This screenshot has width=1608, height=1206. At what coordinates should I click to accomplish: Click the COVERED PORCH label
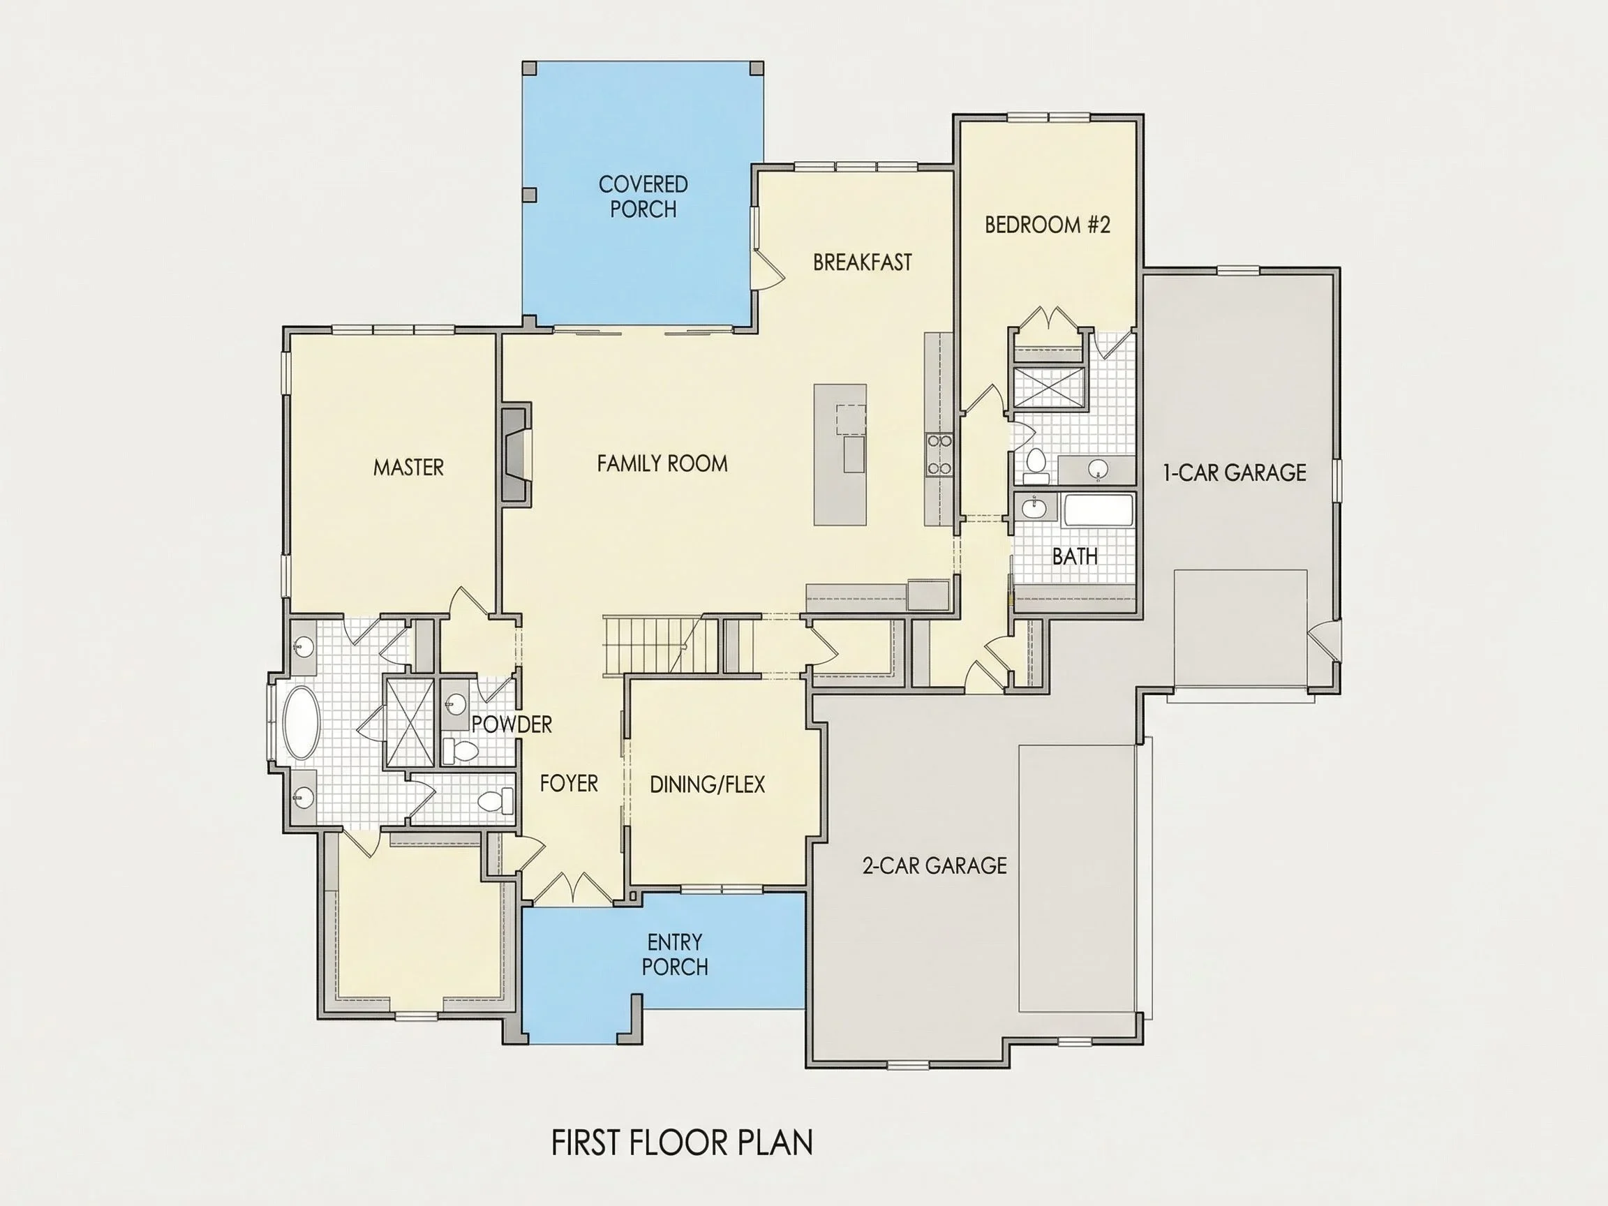(643, 196)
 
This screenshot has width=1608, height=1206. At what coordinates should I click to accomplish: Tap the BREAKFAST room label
(862, 262)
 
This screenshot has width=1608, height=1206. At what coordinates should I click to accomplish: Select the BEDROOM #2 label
(1048, 225)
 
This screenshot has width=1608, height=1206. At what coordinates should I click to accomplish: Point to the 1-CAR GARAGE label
(1235, 472)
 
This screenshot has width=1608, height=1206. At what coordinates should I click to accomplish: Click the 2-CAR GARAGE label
(934, 865)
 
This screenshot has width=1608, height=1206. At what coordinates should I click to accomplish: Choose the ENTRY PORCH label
(675, 955)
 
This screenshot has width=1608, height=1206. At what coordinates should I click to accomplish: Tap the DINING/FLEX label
(707, 784)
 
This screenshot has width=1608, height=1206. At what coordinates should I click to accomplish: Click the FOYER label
(569, 783)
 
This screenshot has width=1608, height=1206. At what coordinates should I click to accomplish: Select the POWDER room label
(512, 724)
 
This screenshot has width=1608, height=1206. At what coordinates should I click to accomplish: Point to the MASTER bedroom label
(408, 467)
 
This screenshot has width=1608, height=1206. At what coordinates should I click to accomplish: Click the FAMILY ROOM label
(662, 463)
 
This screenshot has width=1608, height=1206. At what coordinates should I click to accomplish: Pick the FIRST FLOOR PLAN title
(682, 1142)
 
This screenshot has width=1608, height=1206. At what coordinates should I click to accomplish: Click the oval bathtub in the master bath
(301, 723)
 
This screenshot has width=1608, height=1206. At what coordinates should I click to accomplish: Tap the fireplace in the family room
(515, 454)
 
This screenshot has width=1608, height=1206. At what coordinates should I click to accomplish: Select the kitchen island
(840, 454)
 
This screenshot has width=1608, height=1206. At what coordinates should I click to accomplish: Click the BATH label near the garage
(1075, 556)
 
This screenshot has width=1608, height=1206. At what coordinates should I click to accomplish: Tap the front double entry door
(574, 889)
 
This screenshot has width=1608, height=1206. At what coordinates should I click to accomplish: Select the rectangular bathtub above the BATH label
(1098, 512)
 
